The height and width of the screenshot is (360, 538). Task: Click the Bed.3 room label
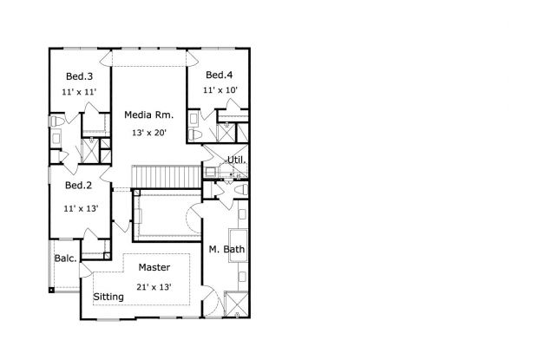pyautogui.click(x=79, y=76)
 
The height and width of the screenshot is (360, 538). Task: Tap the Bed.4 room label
pyautogui.click(x=220, y=75)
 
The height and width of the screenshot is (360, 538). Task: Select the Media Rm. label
pyautogui.click(x=149, y=115)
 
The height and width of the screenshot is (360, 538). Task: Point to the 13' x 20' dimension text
pyautogui.click(x=149, y=133)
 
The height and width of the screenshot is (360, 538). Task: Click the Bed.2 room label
pyautogui.click(x=79, y=186)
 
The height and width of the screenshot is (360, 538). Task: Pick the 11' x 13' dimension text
pyautogui.click(x=81, y=208)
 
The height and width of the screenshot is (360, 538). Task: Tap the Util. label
pyautogui.click(x=237, y=160)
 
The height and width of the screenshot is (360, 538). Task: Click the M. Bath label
pyautogui.click(x=226, y=249)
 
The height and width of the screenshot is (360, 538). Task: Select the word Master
pyautogui.click(x=154, y=267)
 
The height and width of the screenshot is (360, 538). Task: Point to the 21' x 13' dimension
pyautogui.click(x=154, y=287)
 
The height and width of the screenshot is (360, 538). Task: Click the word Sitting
pyautogui.click(x=108, y=297)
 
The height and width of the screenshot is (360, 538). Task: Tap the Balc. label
pyautogui.click(x=66, y=259)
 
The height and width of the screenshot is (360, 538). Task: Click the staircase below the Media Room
pyautogui.click(x=167, y=177)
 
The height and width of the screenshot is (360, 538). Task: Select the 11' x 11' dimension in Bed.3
pyautogui.click(x=79, y=92)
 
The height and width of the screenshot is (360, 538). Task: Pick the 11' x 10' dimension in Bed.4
pyautogui.click(x=220, y=90)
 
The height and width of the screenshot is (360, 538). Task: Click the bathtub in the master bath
pyautogui.click(x=238, y=245)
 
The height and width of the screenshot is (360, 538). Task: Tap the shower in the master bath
pyautogui.click(x=236, y=304)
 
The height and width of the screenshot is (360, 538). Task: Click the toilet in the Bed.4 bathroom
pyautogui.click(x=194, y=134)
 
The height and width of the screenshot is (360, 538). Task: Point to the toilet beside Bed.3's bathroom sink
pyautogui.click(x=56, y=121)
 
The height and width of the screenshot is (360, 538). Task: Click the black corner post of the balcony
pyautogui.click(x=51, y=291)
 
